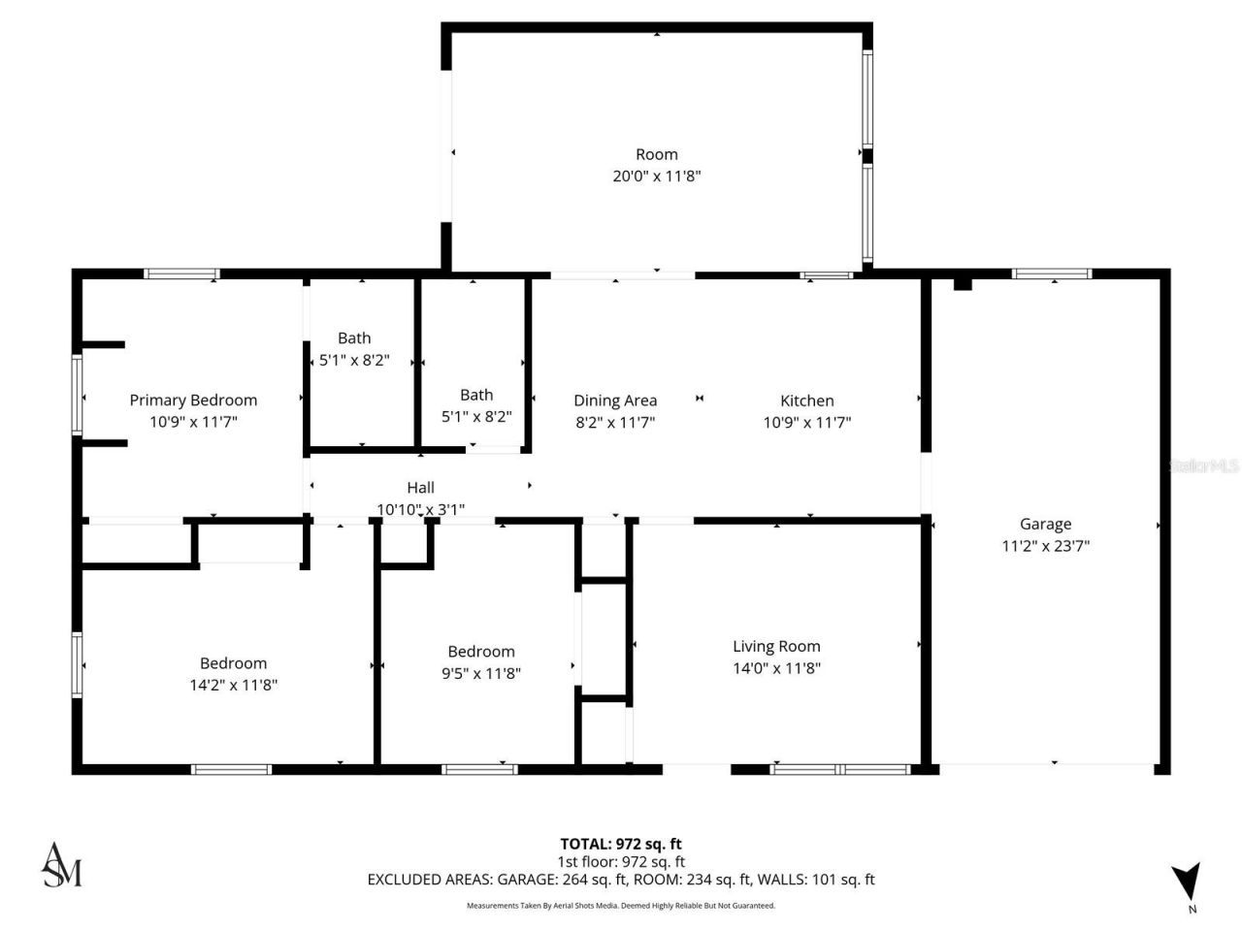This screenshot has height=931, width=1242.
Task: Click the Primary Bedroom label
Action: point(193,400)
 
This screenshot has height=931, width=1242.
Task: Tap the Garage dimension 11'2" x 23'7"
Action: point(1045,546)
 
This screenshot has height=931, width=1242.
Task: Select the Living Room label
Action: point(776,646)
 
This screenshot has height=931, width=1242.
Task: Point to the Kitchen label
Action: point(806,401)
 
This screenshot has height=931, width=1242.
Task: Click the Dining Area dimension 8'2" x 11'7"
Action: point(614,423)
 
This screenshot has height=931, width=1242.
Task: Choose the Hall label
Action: point(420,488)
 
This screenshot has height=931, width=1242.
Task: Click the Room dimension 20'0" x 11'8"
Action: point(656,177)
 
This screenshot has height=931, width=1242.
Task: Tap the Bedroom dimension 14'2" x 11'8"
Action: point(233,685)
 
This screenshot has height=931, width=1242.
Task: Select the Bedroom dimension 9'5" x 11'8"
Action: point(480,673)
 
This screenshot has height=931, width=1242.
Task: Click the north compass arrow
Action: point(1185,882)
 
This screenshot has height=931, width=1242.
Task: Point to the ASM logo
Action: point(61,865)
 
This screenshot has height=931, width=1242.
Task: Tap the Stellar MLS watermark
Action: point(1203,465)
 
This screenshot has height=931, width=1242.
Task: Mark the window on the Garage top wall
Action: point(1051,274)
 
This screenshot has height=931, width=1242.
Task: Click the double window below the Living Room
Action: point(839,769)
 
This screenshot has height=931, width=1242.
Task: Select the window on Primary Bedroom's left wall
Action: point(78,394)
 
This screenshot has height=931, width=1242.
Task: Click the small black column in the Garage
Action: point(962,283)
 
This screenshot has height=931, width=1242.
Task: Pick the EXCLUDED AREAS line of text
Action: point(620,880)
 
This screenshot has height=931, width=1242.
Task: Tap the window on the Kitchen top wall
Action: point(826,275)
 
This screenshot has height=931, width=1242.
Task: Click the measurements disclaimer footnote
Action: point(620,906)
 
